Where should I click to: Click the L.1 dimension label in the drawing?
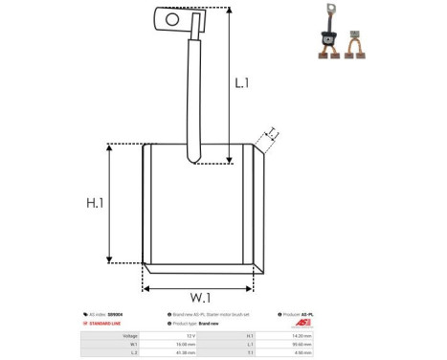tap(242, 83)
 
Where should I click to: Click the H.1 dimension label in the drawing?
tap(94, 203)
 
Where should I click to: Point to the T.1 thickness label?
tap(272, 132)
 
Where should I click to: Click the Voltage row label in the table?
tap(128, 336)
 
